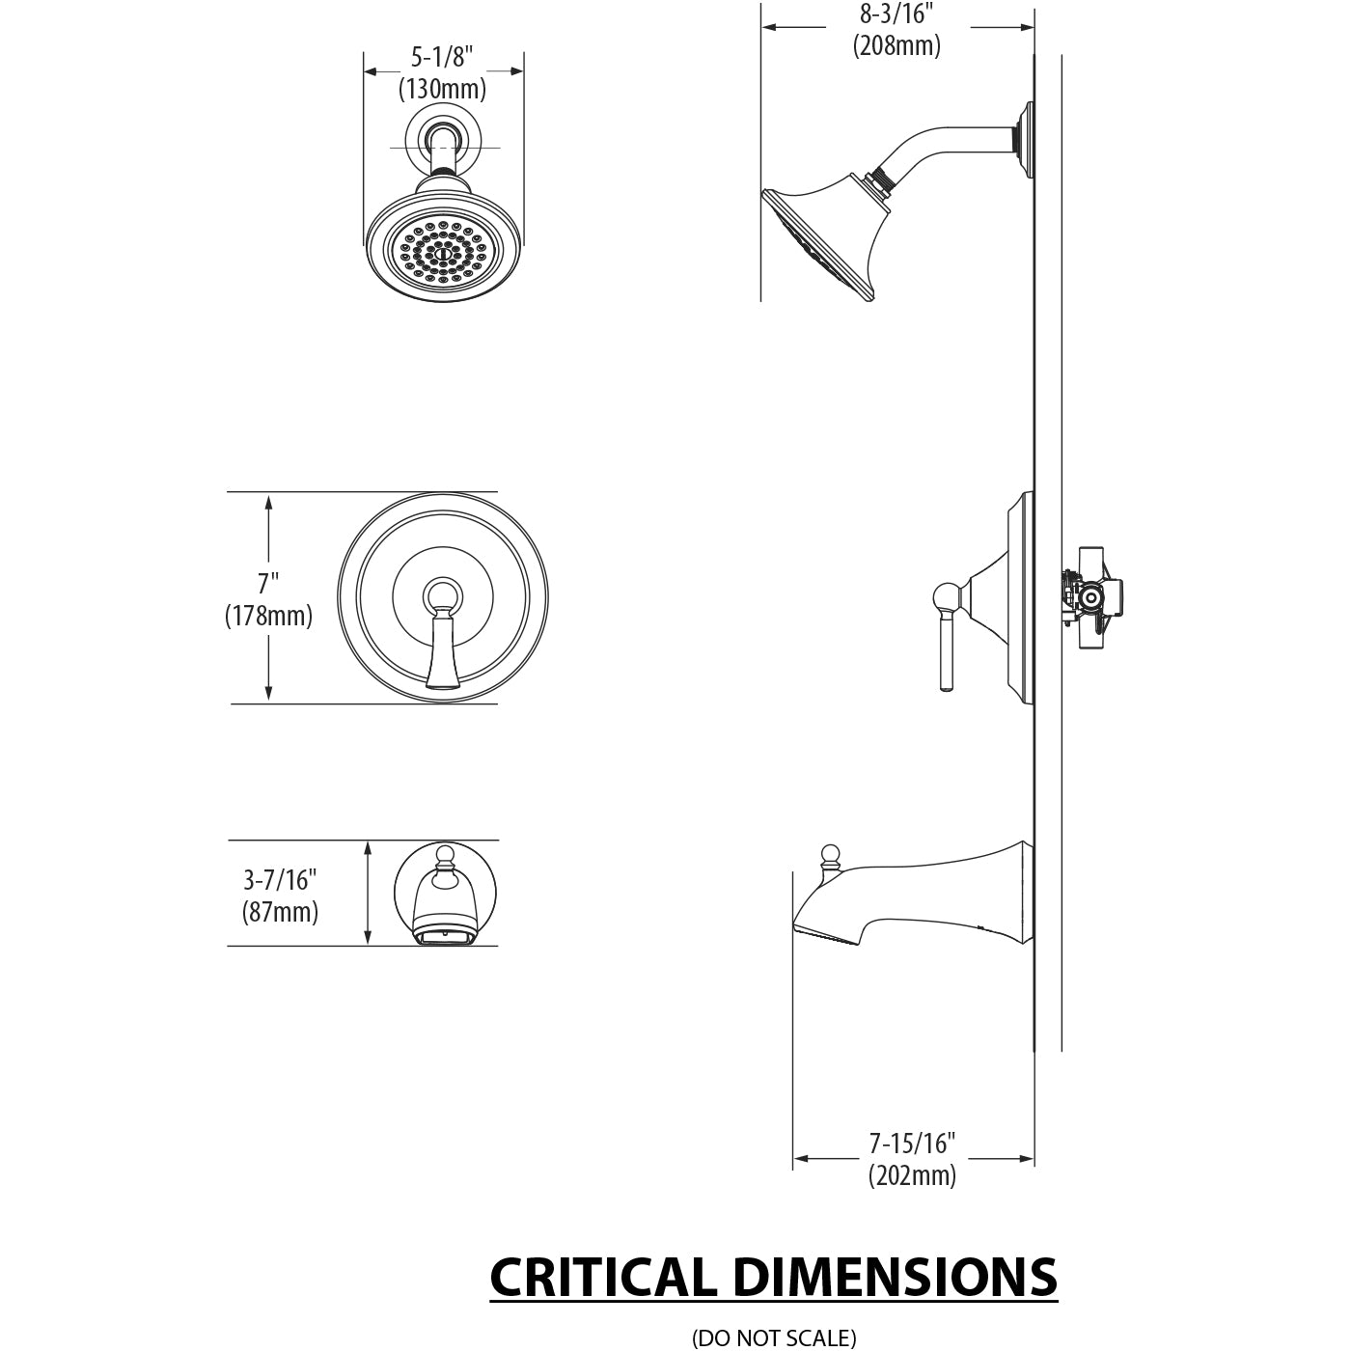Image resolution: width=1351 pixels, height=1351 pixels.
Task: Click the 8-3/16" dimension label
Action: pyautogui.click(x=896, y=14)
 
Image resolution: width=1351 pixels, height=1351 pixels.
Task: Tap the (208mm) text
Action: pyautogui.click(x=896, y=44)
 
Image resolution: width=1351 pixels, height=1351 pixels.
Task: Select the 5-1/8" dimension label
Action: pyautogui.click(x=443, y=58)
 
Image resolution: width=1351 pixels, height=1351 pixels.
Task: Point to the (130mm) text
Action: pyautogui.click(x=443, y=89)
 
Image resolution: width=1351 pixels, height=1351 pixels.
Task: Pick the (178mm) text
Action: pyautogui.click(x=268, y=616)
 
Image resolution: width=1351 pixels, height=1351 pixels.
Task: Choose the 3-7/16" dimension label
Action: pyautogui.click(x=280, y=879)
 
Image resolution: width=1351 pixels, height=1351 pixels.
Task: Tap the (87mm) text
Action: pyautogui.click(x=280, y=911)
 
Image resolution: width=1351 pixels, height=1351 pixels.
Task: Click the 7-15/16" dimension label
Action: pyautogui.click(x=912, y=1144)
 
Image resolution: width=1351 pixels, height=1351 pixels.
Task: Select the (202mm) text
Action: pyautogui.click(x=912, y=1175)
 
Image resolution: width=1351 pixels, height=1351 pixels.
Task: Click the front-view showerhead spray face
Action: pyautogui.click(x=444, y=252)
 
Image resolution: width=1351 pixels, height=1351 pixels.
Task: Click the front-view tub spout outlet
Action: pyautogui.click(x=444, y=936)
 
